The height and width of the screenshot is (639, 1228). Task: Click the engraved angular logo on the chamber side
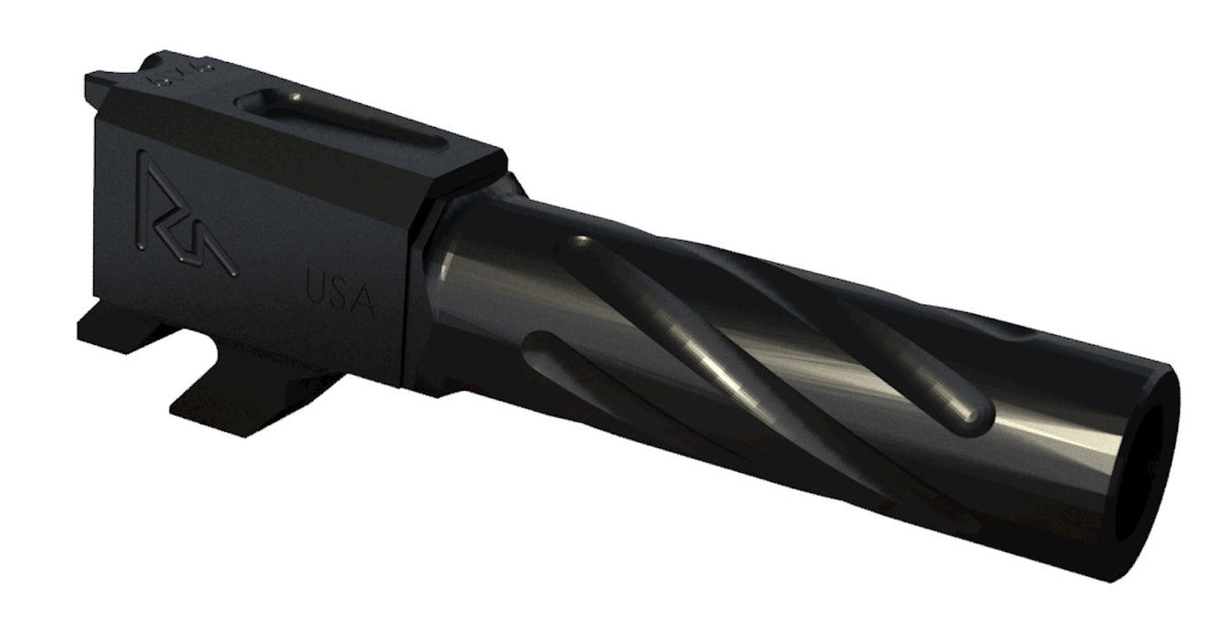click(x=182, y=215)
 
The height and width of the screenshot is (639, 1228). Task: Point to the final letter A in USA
click(x=364, y=301)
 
